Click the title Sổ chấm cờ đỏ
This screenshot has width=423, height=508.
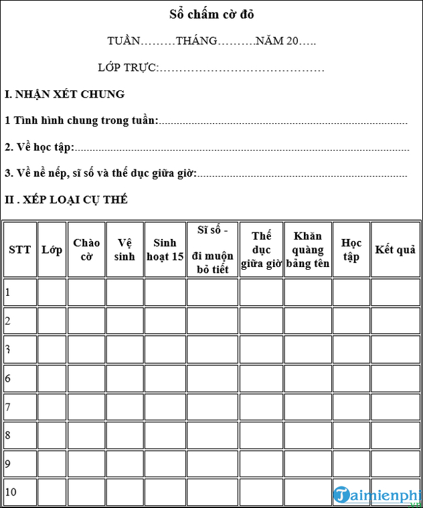(211, 14)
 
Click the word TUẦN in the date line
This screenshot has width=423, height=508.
(124, 41)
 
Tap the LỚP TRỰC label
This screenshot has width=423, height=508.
(128, 68)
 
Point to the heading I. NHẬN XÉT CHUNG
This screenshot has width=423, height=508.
(64, 94)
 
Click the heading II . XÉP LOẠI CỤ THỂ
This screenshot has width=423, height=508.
(66, 199)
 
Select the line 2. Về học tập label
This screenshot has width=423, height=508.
(39, 147)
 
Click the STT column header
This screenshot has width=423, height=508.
(19, 250)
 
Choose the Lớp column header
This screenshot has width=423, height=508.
(52, 250)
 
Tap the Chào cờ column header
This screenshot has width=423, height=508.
(86, 249)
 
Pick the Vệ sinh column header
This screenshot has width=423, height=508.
(124, 249)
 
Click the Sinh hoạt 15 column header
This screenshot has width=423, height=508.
(165, 249)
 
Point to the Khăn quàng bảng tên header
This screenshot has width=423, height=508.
(308, 250)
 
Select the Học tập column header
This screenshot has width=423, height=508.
(351, 250)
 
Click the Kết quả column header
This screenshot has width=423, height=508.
(395, 250)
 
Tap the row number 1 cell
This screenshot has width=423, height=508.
(19, 292)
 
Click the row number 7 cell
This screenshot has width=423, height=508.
(19, 407)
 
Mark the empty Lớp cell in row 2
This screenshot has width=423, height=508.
(52, 321)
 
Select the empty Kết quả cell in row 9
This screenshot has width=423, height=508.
(395, 463)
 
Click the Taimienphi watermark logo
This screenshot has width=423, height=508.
(375, 495)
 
